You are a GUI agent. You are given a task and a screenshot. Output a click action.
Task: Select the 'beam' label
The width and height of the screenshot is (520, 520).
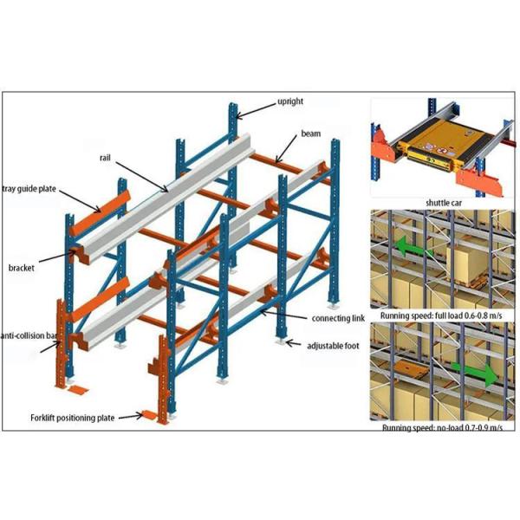(311, 135)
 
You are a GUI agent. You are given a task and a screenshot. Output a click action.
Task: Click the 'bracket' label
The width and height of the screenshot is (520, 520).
(21, 268)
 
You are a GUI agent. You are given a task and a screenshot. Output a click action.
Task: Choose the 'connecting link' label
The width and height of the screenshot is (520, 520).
(332, 319)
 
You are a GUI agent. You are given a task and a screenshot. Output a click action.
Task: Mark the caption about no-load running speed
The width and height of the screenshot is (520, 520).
(442, 427)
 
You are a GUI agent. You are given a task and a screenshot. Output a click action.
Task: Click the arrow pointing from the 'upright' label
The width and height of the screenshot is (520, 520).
(255, 108)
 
